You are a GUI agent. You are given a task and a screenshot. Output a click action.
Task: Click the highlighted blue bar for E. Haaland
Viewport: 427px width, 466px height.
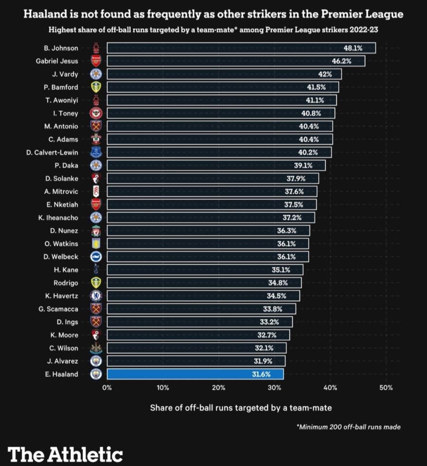click(195, 374)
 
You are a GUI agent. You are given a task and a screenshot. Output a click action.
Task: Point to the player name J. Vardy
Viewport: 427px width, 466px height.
click(65, 74)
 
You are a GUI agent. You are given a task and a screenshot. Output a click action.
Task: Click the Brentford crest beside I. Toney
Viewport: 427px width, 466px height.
click(96, 113)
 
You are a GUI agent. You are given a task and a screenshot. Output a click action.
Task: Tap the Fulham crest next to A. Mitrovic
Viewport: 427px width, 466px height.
click(96, 191)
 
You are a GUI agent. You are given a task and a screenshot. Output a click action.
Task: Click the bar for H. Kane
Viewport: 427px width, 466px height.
click(204, 270)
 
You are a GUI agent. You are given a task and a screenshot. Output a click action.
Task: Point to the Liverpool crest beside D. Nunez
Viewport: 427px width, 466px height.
click(96, 231)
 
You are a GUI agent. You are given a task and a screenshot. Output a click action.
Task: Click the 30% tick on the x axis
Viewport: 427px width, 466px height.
click(274, 387)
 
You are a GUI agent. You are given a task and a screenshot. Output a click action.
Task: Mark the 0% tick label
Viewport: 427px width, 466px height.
click(107, 387)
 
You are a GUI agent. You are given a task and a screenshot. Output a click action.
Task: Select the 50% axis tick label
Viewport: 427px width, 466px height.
click(386, 387)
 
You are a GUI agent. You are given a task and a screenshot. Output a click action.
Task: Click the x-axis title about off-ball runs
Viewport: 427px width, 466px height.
click(241, 407)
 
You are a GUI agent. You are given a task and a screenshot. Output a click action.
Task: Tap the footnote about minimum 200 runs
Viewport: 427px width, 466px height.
click(348, 427)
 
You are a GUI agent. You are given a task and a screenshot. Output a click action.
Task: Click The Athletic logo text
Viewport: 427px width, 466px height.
click(65, 454)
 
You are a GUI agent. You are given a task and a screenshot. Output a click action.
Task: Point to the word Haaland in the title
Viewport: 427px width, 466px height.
click(45, 15)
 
